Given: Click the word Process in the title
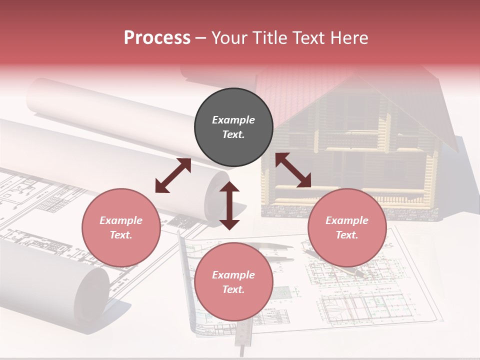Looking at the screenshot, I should (x=157, y=38).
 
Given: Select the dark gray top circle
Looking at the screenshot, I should (x=233, y=127).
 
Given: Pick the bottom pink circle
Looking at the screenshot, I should (x=233, y=281).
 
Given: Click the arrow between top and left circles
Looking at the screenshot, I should (x=173, y=175).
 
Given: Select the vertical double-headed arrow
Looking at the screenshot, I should (x=229, y=205).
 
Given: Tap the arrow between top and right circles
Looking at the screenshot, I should (x=293, y=170).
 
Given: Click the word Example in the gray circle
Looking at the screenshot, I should (x=233, y=120).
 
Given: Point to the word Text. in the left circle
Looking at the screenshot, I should (x=121, y=235).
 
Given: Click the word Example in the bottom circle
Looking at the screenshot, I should (x=233, y=274).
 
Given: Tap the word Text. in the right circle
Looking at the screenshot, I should (x=347, y=235).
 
